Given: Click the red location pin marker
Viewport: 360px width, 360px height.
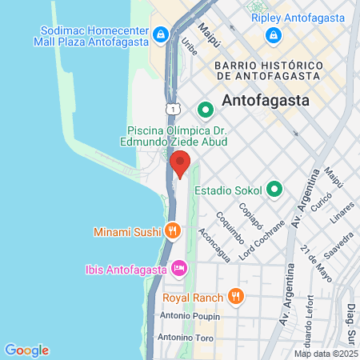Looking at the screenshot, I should click(181, 162).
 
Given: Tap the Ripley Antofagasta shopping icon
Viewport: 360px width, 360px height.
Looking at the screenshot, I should click(274, 34).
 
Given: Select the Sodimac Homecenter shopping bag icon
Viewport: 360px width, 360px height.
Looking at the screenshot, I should click(161, 34).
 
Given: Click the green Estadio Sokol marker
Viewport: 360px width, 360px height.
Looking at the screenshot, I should click(274, 190).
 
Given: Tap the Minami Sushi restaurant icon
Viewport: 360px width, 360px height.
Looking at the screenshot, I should click(172, 231).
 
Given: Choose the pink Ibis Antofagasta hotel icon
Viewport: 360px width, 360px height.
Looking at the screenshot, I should click(180, 266).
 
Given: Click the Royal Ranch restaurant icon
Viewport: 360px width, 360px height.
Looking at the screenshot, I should click(234, 297).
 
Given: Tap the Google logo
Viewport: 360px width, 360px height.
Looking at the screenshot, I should click(26, 350).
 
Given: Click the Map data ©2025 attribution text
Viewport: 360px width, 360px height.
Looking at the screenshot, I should click(326, 353).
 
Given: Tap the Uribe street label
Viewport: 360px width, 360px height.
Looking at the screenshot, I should click(189, 47).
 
